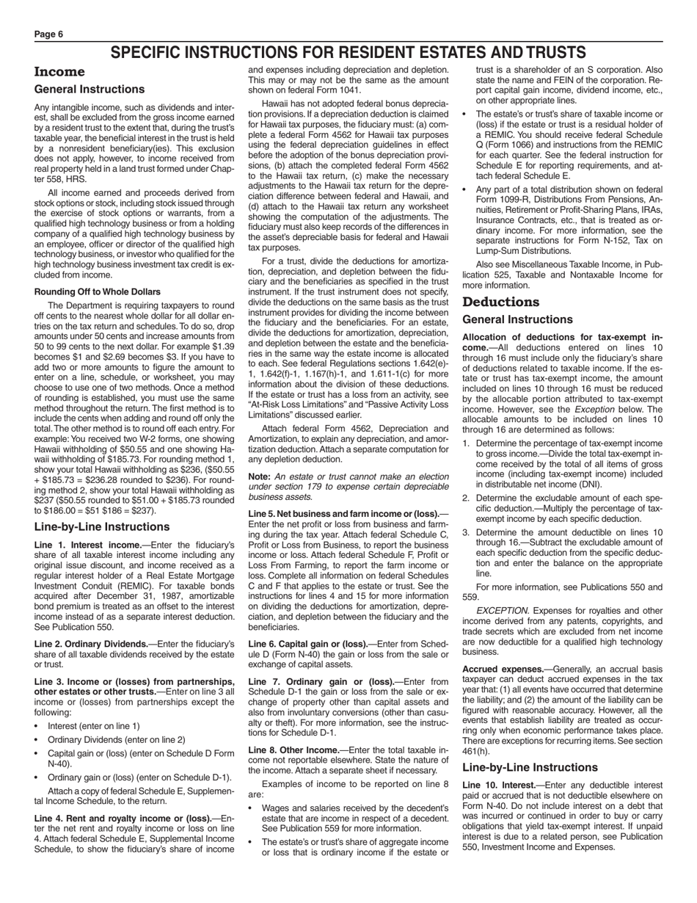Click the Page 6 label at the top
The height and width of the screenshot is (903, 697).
[48, 35]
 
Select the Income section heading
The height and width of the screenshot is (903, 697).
[60, 72]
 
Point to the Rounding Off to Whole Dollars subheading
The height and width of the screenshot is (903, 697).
[98, 291]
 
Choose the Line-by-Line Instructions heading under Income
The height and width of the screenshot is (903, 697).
[102, 526]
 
